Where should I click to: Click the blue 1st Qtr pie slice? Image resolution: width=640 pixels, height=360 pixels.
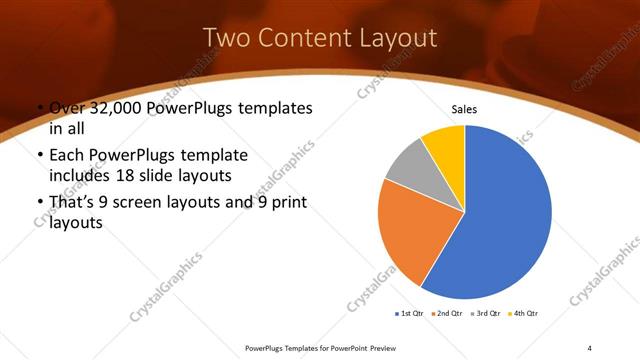click(x=505, y=220)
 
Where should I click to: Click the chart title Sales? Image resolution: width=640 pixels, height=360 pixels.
click(x=465, y=109)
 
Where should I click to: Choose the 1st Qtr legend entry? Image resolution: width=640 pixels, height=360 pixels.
click(x=411, y=314)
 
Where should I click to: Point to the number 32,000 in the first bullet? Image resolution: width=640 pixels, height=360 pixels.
click(x=122, y=108)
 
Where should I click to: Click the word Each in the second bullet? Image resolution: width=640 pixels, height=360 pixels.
click(x=67, y=156)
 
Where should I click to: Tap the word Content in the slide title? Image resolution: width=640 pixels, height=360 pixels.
click(x=301, y=38)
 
